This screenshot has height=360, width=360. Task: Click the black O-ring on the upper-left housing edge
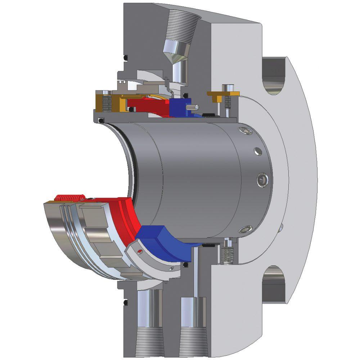click(x=126, y=58)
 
